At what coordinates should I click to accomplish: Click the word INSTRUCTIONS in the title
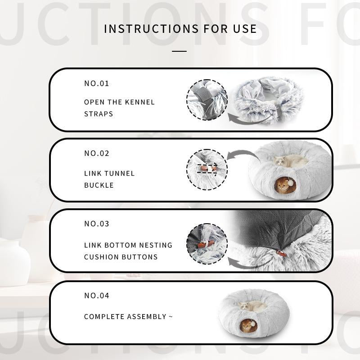[x=152, y=29]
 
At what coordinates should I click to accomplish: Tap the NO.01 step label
[x=97, y=83]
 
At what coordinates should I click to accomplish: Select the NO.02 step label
[x=97, y=153]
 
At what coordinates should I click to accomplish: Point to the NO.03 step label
[x=97, y=224]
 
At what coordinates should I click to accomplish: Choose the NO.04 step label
[x=97, y=296]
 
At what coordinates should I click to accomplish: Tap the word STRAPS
[x=99, y=114]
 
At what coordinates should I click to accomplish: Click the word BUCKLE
[x=99, y=185]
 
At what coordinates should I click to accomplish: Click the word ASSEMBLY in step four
[x=147, y=317]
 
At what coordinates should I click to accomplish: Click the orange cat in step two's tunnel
[x=283, y=185]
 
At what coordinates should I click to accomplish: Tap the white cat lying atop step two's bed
[x=289, y=161]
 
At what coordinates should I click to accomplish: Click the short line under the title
[x=179, y=51]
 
